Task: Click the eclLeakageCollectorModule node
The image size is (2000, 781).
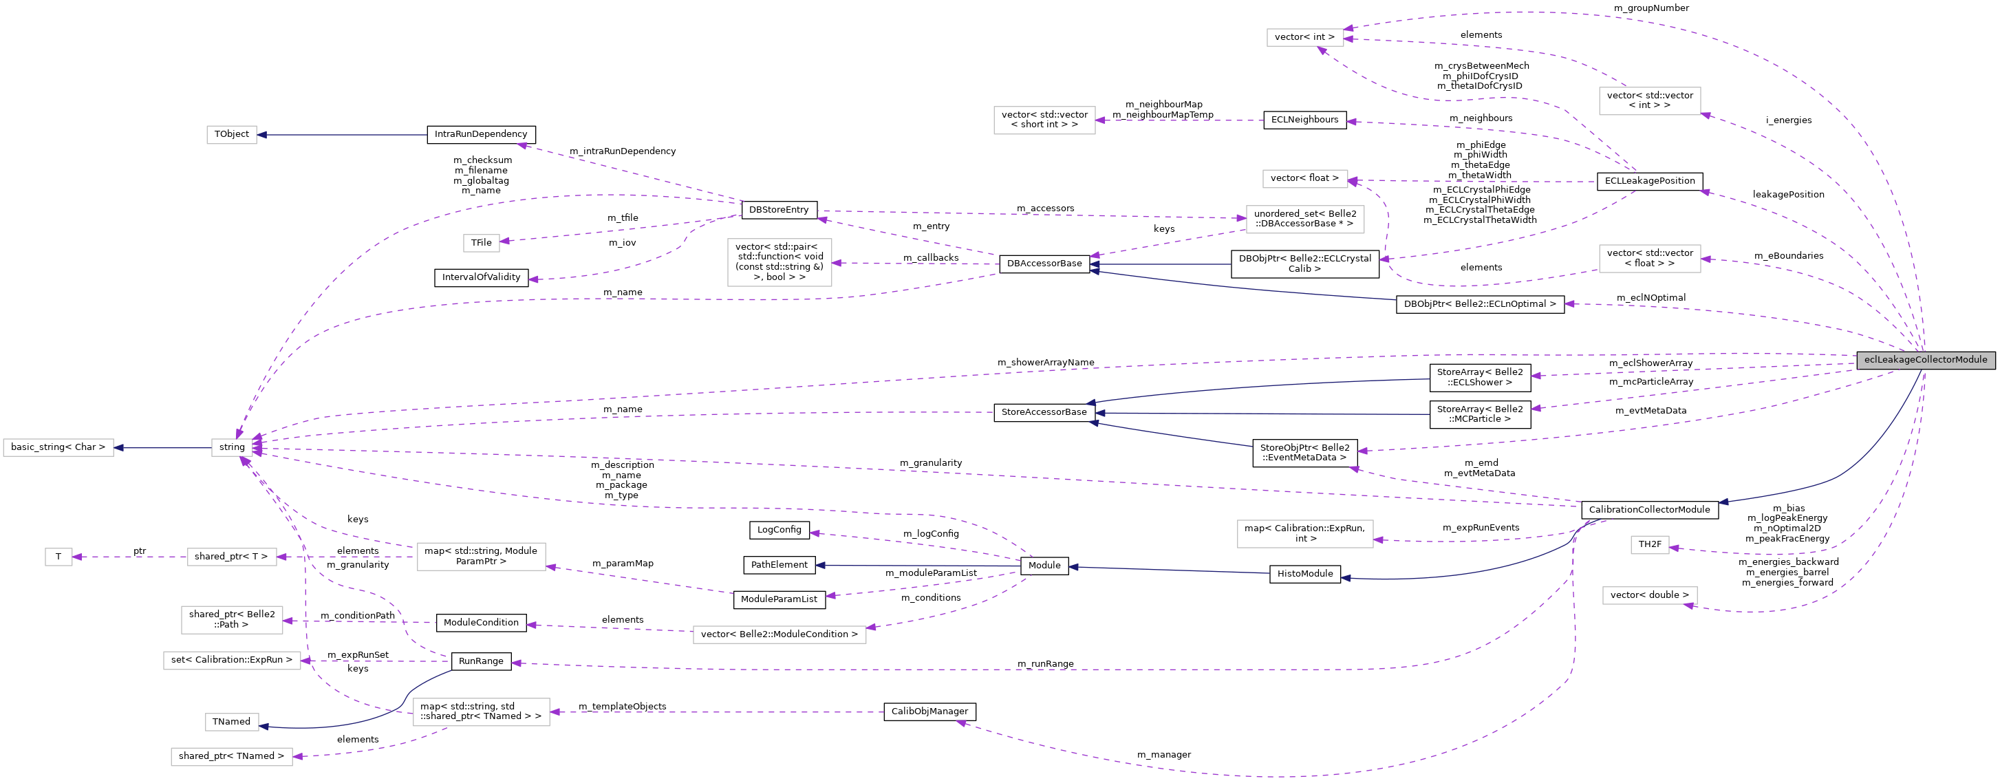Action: pyautogui.click(x=1926, y=359)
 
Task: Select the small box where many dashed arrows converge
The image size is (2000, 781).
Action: pyautogui.click(x=231, y=448)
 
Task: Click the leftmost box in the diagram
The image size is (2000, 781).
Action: pyautogui.click(x=58, y=448)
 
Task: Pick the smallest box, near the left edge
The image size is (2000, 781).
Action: pyautogui.click(x=58, y=557)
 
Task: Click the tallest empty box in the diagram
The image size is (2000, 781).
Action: pyautogui.click(x=779, y=262)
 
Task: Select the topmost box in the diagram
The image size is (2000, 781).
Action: pyautogui.click(x=1304, y=37)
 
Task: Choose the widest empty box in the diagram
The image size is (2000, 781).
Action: pyautogui.click(x=779, y=634)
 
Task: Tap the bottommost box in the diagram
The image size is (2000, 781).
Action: pyautogui.click(x=231, y=756)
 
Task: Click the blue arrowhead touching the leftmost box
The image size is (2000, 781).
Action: pyautogui.click(x=119, y=448)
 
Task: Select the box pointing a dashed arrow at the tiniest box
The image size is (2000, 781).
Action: pyautogui.click(x=231, y=557)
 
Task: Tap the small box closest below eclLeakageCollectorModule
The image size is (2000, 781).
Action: pyautogui.click(x=1649, y=545)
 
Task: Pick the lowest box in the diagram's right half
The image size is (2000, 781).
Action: pyautogui.click(x=1649, y=595)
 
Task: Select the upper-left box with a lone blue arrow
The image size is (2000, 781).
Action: pyautogui.click(x=231, y=135)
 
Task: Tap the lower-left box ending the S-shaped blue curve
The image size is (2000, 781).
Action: pyautogui.click(x=231, y=722)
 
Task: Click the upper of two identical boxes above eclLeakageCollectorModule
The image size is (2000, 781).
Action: pyautogui.click(x=1649, y=101)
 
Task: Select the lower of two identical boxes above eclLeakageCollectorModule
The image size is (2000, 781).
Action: pyautogui.click(x=1649, y=259)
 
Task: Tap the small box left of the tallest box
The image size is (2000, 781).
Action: pyautogui.click(x=481, y=243)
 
